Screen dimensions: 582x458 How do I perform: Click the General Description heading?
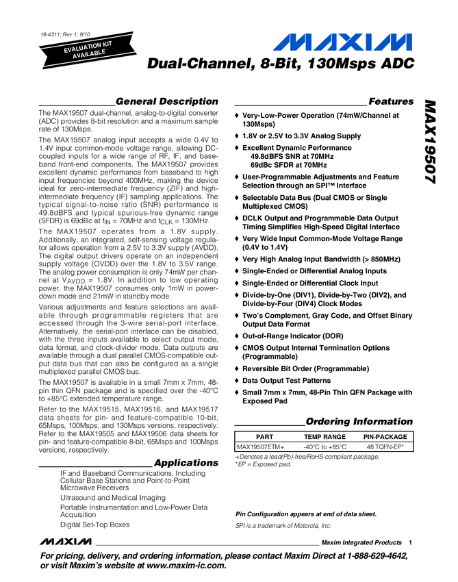(x=166, y=101)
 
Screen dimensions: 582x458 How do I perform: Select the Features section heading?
(x=391, y=101)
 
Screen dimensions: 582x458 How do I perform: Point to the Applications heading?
(x=186, y=463)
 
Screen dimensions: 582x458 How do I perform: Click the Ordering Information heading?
(x=359, y=420)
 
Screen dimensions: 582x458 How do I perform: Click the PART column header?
(x=264, y=437)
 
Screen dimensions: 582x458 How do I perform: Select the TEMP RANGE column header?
(x=325, y=437)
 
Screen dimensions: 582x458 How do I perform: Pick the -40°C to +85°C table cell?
(x=325, y=446)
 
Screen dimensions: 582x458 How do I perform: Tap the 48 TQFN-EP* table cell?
(x=385, y=446)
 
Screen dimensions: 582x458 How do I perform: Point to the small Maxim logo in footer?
(x=65, y=542)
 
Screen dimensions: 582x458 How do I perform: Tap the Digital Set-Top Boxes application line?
(x=95, y=524)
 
